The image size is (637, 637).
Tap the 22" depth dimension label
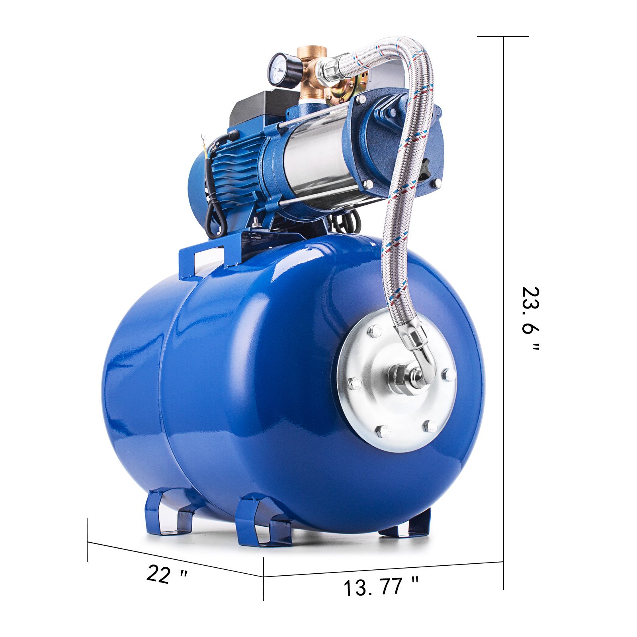(166, 574)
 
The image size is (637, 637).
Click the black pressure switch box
(259, 106)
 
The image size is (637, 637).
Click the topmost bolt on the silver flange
(375, 330)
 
